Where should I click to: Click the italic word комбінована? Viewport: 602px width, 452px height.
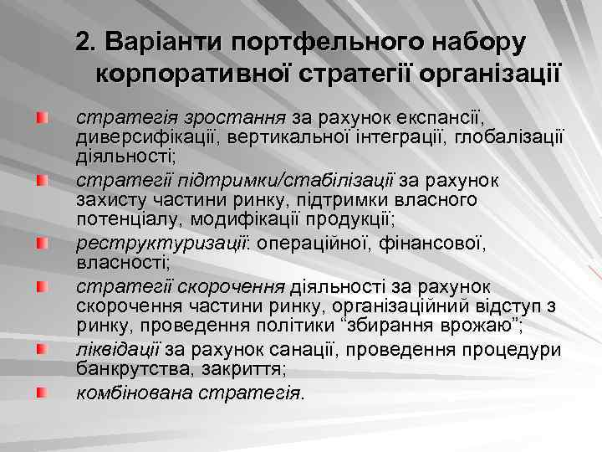click(x=134, y=391)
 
